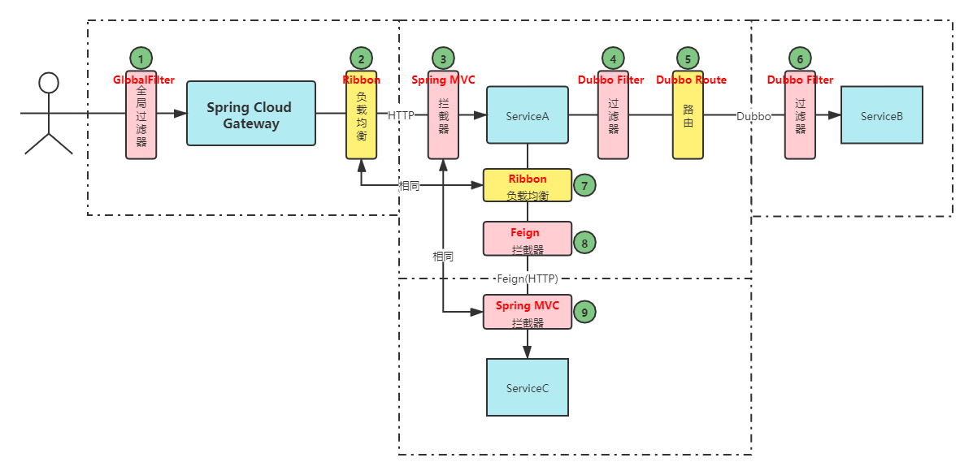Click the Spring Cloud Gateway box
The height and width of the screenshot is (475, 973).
pos(251,114)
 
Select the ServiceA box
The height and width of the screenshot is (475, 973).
pos(527,116)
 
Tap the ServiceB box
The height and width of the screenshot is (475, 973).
pos(882,116)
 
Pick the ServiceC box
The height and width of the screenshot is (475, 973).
pos(527,388)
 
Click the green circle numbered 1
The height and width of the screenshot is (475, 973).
pos(141,58)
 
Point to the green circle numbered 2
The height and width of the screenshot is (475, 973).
pos(362,58)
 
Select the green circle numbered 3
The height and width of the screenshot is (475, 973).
pos(443,58)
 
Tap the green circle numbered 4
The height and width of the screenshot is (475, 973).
pos(614,58)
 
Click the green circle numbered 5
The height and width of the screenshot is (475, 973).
pos(688,58)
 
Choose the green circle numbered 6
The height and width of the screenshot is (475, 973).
pos(801,58)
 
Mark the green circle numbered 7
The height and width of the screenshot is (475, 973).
pos(584,185)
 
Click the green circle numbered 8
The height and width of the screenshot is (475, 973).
pos(584,242)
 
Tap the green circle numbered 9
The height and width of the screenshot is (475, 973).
pos(584,311)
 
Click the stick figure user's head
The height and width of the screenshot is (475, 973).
pos(50,82)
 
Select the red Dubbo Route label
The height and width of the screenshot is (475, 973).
pos(691,80)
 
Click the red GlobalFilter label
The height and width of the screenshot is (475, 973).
pos(144,80)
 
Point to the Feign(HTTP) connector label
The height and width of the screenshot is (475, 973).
pos(528,279)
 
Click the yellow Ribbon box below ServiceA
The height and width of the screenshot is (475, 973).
pos(528,185)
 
